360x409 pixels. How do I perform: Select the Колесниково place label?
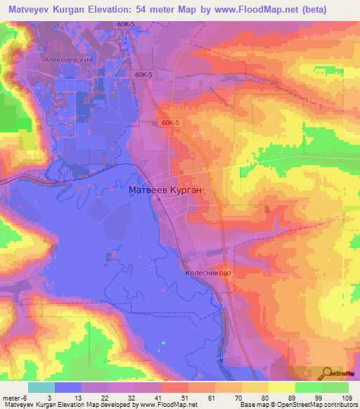(x=209, y=273)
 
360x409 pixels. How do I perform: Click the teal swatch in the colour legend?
(x=41, y=387)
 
